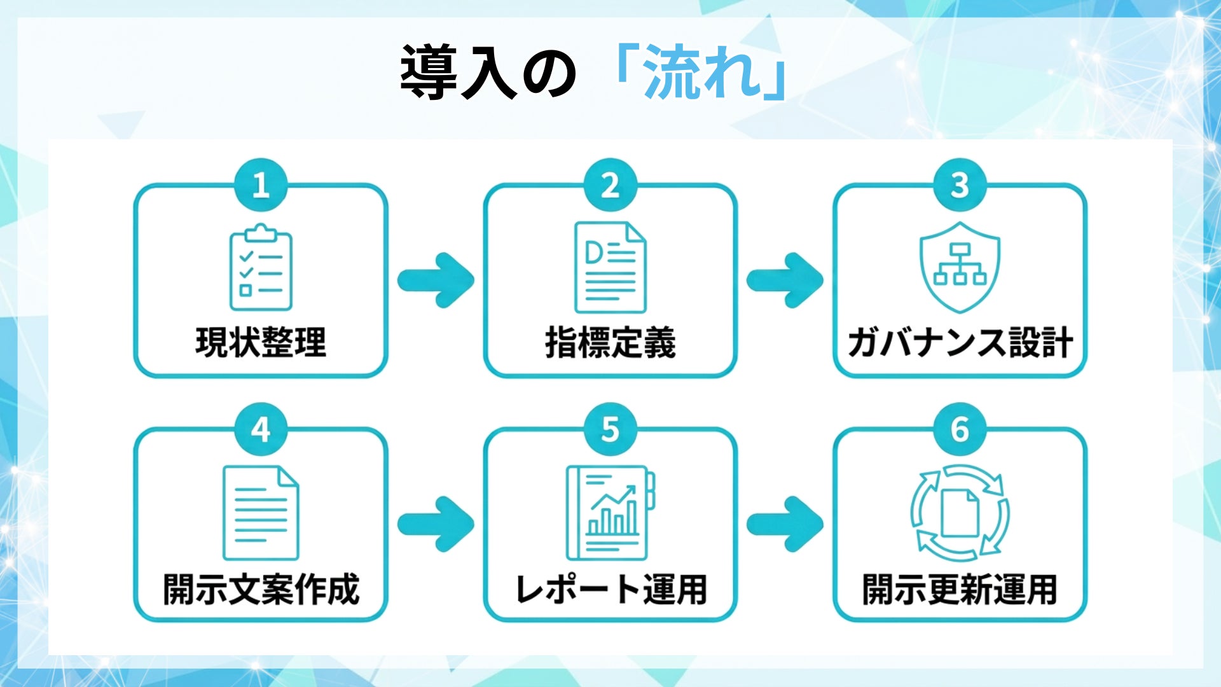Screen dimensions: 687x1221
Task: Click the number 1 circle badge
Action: click(x=261, y=185)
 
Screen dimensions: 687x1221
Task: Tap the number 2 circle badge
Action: click(x=610, y=185)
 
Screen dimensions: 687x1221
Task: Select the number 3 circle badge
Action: click(x=960, y=185)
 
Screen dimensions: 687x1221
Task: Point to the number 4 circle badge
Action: click(x=261, y=429)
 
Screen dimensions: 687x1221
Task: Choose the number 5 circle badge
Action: click(x=610, y=429)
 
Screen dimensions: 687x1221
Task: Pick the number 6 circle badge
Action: click(x=960, y=429)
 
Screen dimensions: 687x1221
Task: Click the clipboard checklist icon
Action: click(x=261, y=267)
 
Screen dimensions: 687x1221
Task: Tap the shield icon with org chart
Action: click(x=960, y=267)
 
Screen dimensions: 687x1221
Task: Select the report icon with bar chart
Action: click(x=610, y=513)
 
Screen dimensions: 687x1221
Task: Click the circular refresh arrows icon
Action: click(x=960, y=513)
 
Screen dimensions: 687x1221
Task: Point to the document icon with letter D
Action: click(x=610, y=267)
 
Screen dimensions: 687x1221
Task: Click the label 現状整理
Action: click(x=261, y=342)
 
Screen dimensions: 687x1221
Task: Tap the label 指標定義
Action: click(x=610, y=342)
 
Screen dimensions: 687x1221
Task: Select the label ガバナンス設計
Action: click(x=960, y=342)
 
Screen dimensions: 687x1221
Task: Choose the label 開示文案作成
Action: click(x=261, y=589)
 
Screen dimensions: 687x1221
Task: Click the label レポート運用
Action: click(x=610, y=589)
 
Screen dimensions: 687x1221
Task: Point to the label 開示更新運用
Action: click(x=960, y=589)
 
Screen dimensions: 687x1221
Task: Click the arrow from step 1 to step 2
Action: click(x=436, y=280)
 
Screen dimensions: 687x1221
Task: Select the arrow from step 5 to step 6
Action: click(x=785, y=524)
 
